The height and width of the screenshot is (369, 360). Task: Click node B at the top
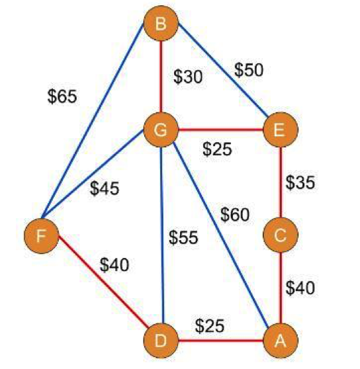pyautogui.click(x=161, y=23)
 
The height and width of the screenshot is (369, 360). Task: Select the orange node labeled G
pyautogui.click(x=161, y=130)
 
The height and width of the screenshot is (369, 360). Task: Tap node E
pyautogui.click(x=281, y=130)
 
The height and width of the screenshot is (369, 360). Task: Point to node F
pyautogui.click(x=42, y=236)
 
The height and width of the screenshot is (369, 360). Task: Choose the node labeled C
pyautogui.click(x=281, y=235)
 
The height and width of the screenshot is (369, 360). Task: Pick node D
pyautogui.click(x=161, y=341)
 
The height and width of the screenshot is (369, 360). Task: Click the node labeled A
pyautogui.click(x=281, y=341)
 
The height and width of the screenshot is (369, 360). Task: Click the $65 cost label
pyautogui.click(x=62, y=97)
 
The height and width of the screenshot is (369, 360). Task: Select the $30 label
pyautogui.click(x=188, y=77)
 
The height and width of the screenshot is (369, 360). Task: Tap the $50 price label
pyautogui.click(x=249, y=70)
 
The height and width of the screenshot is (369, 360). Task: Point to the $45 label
pyautogui.click(x=105, y=188)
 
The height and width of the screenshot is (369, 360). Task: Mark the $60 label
pyautogui.click(x=235, y=215)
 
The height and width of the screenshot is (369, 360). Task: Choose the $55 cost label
pyautogui.click(x=183, y=237)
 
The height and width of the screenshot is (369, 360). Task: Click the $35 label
pyautogui.click(x=300, y=183)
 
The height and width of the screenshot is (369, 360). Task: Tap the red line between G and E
pyautogui.click(x=220, y=130)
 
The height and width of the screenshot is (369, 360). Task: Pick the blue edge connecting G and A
pyautogui.click(x=220, y=235)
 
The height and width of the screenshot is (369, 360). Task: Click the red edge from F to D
pyautogui.click(x=103, y=282)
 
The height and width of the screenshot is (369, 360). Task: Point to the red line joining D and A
pyautogui.click(x=220, y=341)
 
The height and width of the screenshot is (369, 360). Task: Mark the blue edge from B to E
pyautogui.click(x=223, y=70)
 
